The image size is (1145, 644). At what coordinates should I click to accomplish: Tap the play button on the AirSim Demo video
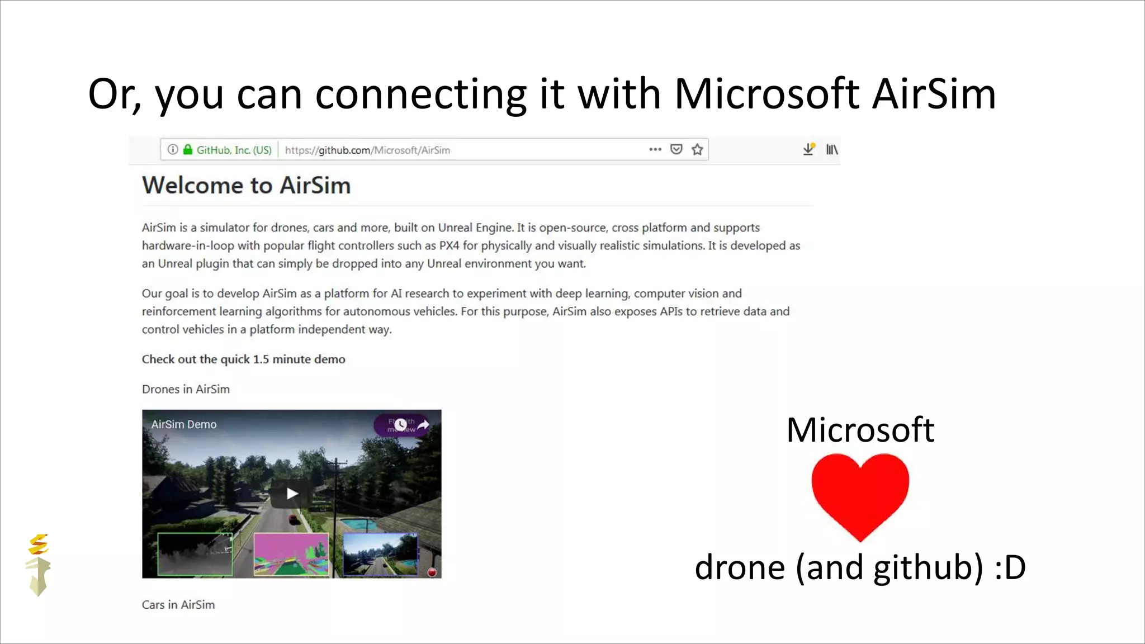click(292, 494)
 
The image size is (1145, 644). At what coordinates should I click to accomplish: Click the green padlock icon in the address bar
click(188, 149)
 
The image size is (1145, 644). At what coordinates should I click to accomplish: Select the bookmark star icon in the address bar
click(697, 149)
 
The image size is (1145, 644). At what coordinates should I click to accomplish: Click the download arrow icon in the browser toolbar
click(808, 149)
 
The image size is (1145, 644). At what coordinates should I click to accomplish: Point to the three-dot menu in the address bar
click(655, 149)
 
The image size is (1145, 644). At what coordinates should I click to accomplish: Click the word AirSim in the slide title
click(934, 93)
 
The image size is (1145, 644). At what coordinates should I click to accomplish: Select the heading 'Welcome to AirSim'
click(246, 185)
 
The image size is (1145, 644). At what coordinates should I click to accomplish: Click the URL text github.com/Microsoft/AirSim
click(367, 150)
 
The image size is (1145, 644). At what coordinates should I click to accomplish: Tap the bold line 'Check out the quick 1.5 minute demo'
click(243, 359)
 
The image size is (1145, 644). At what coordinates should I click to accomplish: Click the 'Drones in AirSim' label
click(186, 389)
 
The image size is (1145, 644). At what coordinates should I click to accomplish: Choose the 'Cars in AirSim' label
click(178, 604)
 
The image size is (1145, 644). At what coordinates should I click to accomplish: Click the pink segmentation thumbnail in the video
click(291, 554)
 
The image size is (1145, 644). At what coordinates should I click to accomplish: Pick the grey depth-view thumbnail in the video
click(195, 554)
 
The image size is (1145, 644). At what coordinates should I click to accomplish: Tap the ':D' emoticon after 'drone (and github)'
click(1010, 567)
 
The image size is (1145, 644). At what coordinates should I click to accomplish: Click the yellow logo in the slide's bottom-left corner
click(38, 565)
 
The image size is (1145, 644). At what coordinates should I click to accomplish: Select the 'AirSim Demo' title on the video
click(184, 424)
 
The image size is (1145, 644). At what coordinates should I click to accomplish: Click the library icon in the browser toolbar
click(832, 149)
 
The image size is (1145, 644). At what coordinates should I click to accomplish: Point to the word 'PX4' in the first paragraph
click(449, 245)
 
